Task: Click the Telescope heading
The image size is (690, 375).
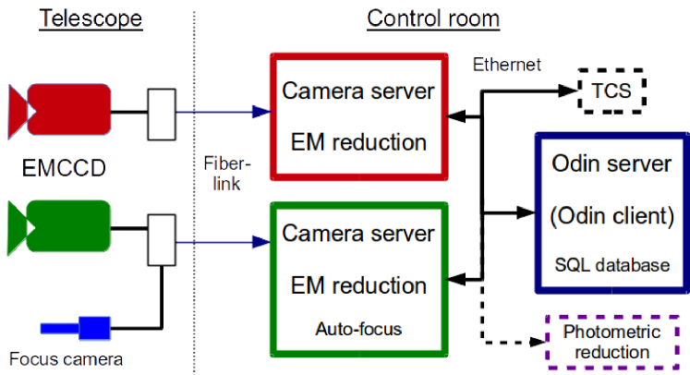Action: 91,18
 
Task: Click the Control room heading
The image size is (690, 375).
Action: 433,18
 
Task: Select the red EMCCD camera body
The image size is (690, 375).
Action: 69,109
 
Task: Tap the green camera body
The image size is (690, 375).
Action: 68,225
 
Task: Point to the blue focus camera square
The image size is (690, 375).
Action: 94,328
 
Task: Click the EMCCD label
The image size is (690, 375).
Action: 64,168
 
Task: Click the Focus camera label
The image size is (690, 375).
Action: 66,359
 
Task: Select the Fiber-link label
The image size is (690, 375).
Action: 226,174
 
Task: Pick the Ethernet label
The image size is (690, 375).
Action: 506,65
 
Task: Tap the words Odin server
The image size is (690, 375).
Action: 611,163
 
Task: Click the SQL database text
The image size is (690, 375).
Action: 612,265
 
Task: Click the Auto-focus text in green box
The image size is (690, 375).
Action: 358,329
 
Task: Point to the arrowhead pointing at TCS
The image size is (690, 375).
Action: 568,91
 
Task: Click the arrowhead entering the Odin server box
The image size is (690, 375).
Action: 526,212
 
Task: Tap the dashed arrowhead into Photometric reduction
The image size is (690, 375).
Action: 538,342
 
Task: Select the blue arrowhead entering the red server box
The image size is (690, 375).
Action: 261,112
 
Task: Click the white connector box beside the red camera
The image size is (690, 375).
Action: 162,115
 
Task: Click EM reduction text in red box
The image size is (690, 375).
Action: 358,142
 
